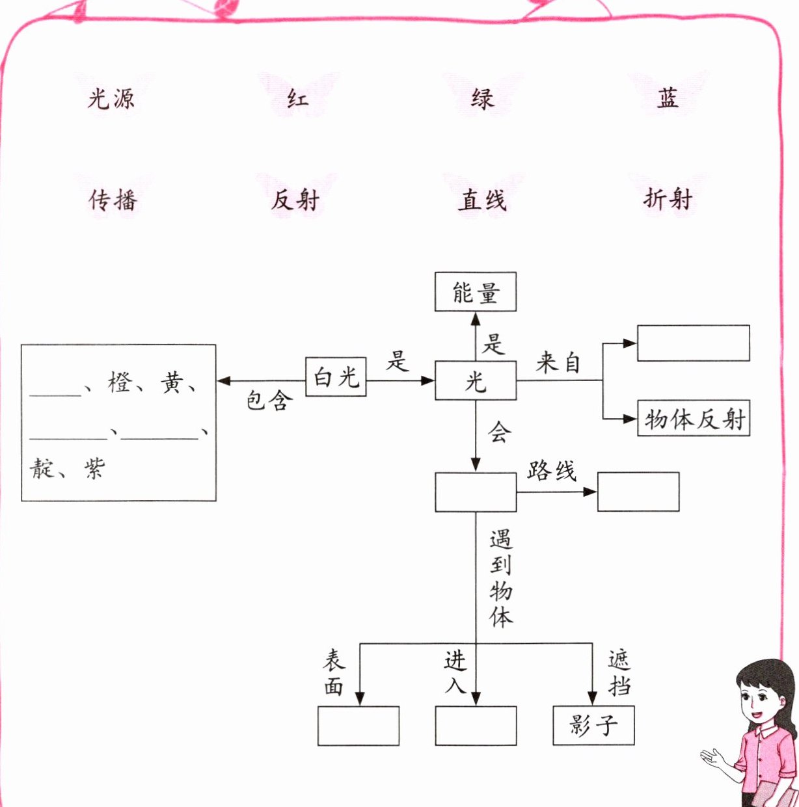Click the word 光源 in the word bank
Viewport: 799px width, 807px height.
tap(111, 99)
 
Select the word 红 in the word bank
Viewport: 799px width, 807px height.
tap(297, 99)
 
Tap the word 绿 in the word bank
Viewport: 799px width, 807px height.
tap(483, 99)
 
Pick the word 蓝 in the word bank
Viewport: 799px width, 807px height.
tap(668, 98)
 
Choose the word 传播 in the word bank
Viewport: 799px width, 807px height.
tap(113, 200)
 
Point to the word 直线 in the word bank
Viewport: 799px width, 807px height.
tap(482, 200)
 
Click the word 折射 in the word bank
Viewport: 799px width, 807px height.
tap(668, 199)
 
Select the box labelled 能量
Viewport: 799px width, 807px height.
tap(475, 292)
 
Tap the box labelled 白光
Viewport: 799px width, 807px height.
tap(336, 377)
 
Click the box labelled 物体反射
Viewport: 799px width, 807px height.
tap(694, 418)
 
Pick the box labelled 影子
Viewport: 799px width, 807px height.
tap(593, 725)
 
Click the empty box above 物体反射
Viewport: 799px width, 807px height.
tap(693, 343)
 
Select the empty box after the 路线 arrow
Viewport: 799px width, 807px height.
tap(638, 492)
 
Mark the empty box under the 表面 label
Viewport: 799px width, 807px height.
tap(359, 726)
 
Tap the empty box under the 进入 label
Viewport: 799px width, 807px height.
tap(476, 726)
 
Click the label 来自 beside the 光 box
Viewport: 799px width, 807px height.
tap(558, 362)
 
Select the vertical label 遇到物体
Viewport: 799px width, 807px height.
tap(500, 578)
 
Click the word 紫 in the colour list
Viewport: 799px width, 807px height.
tap(94, 468)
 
